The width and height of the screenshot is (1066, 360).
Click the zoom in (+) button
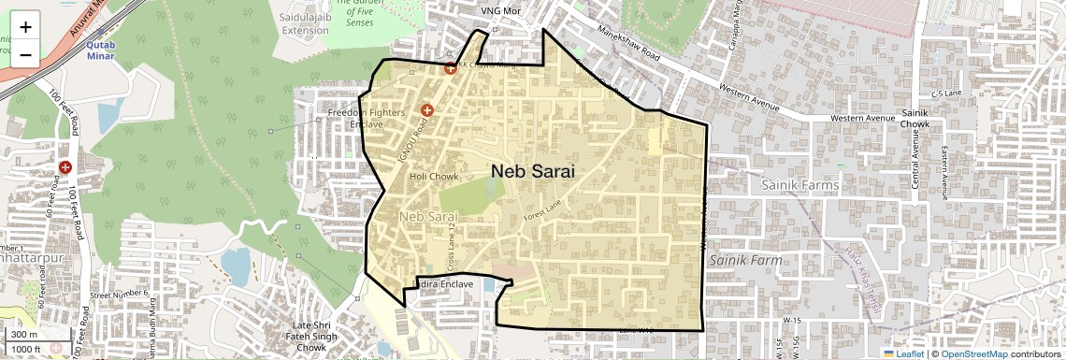[x=25, y=26]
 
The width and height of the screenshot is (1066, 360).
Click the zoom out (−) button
[x=25, y=53]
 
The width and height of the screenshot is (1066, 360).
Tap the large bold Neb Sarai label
[x=532, y=171]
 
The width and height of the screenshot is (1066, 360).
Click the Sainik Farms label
[x=799, y=185]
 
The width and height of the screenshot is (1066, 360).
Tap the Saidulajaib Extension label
[x=306, y=23]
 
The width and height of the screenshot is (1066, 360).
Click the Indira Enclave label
[x=444, y=283]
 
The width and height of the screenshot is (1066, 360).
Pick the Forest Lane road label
[x=545, y=216]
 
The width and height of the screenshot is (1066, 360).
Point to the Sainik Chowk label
[x=915, y=118]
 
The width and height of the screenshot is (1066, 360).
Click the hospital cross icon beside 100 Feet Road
[x=65, y=167]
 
